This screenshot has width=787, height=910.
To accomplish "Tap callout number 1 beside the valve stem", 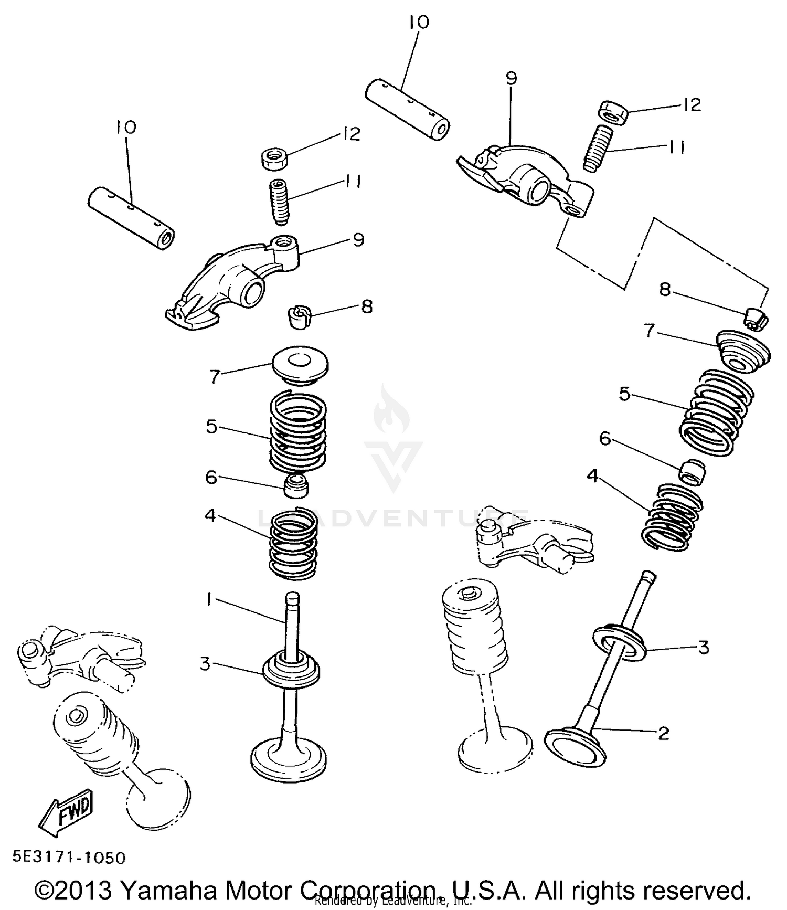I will coord(209,600).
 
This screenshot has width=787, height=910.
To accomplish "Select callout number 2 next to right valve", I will coord(664,733).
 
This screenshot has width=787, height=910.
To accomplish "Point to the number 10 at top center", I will coord(418,23).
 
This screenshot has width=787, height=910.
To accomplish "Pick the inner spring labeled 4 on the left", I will coord(294,546).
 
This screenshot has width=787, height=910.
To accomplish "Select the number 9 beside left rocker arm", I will coord(358,240).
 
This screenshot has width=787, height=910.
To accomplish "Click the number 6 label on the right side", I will coord(605,439).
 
